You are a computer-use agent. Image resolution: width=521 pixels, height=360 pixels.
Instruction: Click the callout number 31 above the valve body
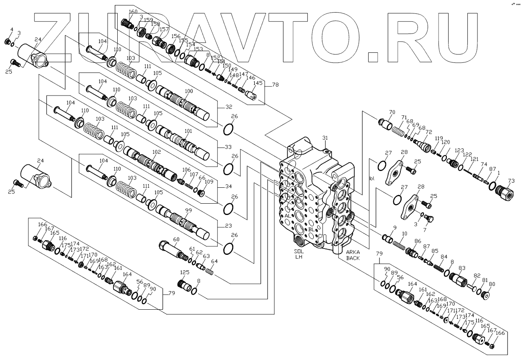click(x=325, y=138)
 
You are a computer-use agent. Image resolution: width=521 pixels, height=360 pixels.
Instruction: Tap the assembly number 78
click(x=275, y=85)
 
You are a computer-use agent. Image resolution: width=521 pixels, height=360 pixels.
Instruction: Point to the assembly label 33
click(x=228, y=147)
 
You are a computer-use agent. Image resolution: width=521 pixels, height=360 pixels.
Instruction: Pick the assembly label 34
click(x=228, y=186)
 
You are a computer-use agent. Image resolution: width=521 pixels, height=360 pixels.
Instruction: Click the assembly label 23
click(x=228, y=226)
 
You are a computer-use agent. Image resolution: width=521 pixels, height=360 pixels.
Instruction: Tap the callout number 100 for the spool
click(x=189, y=91)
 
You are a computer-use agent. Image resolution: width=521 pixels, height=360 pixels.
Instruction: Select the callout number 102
click(x=156, y=152)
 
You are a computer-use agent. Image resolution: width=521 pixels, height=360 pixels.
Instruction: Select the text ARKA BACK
click(x=353, y=255)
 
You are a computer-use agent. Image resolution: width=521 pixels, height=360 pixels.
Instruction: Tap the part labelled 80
click(x=487, y=294)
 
